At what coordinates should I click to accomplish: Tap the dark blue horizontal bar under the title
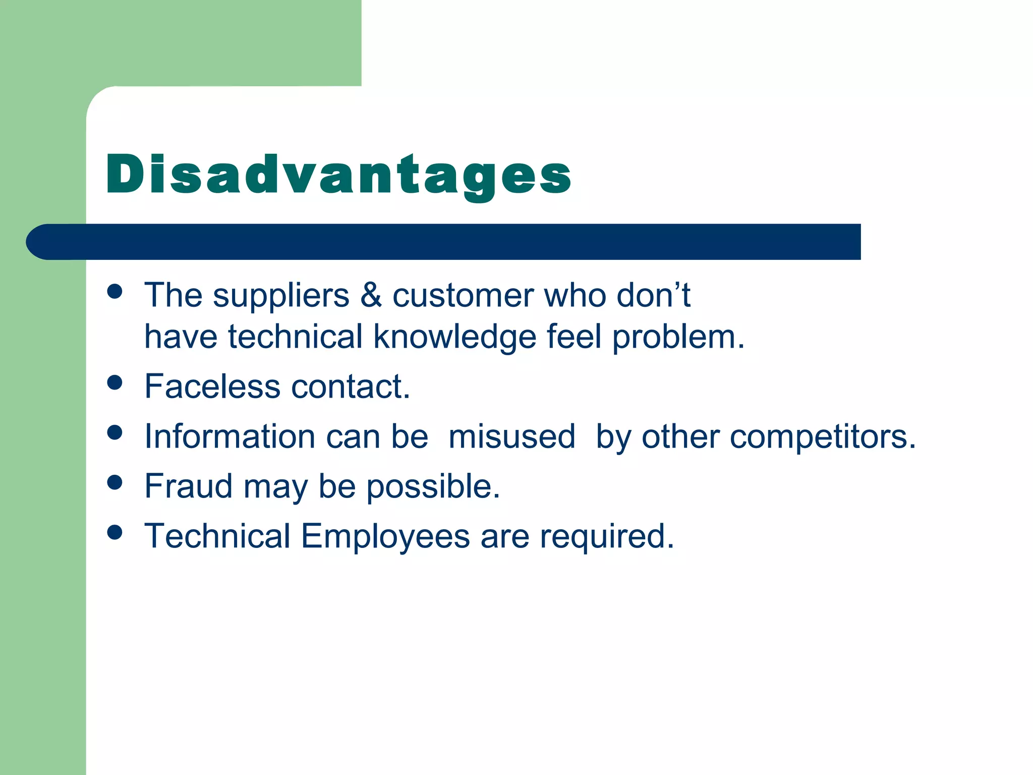[444, 242]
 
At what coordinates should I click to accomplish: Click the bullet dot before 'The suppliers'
[115, 291]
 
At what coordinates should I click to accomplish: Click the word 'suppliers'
[281, 296]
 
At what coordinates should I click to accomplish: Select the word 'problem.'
[678, 337]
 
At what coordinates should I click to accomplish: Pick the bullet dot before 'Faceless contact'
[115, 382]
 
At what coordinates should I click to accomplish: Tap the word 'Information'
[229, 436]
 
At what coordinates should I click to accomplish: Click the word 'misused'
[511, 436]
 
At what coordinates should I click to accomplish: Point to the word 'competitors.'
[823, 437]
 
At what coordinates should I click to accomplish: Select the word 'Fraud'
[188, 486]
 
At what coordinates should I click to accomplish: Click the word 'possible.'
[433, 487]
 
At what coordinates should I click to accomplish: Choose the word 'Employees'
[385, 537]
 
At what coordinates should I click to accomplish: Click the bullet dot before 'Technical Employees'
[115, 532]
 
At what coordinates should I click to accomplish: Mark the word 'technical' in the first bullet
[295, 337]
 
